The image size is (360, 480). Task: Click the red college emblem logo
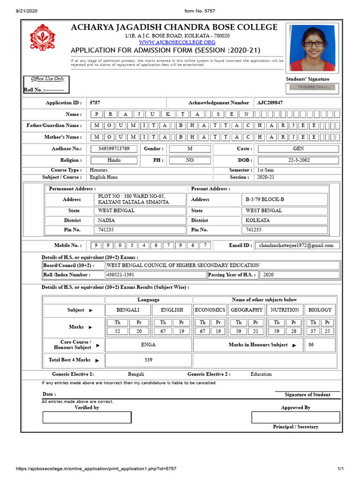42,39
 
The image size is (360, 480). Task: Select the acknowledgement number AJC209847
270,103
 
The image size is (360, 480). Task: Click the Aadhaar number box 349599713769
117,149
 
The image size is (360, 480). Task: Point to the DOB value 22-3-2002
298,160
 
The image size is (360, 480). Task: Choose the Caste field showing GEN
298,149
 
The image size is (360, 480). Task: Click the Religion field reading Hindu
114,160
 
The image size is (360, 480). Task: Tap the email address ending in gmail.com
296,245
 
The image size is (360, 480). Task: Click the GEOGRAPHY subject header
247,310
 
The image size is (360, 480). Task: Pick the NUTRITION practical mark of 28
293,331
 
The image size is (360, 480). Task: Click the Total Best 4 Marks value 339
148,360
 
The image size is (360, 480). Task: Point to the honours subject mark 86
311,345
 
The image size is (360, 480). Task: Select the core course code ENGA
148,345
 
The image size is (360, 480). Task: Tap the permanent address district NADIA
106,220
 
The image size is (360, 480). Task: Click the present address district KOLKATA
258,220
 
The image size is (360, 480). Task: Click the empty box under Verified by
87,417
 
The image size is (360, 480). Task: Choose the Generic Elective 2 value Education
261,374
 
